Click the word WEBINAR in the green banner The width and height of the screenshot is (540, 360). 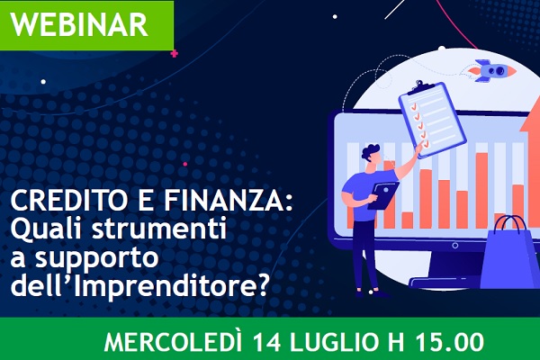pos(79,25)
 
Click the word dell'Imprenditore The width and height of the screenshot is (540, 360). pos(133,285)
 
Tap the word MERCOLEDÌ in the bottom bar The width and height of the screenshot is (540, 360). pos(173,343)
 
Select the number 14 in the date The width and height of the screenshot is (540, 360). pos(267,343)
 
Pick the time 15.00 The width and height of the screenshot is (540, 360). pos(449,343)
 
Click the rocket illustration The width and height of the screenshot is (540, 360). pos(490,70)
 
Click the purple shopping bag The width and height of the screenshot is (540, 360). pos(511,253)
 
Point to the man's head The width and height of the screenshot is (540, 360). pos(371,155)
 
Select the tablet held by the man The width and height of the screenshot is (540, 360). pos(383,195)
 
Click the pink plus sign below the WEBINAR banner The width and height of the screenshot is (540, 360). pos(175,54)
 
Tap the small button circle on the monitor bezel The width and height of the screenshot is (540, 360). pos(454,246)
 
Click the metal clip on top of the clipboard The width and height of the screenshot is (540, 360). pos(420,87)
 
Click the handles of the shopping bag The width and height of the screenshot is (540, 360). pos(510,223)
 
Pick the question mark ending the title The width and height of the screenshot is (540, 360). pos(262,284)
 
